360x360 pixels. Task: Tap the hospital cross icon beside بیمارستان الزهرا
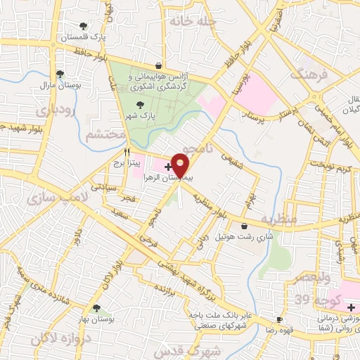(167, 167)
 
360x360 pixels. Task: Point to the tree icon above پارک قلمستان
(84, 26)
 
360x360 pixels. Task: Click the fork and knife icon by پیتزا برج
(127, 151)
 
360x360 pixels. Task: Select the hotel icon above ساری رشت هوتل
(244, 226)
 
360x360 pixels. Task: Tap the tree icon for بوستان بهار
(96, 308)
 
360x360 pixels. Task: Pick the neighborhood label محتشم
(104, 134)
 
